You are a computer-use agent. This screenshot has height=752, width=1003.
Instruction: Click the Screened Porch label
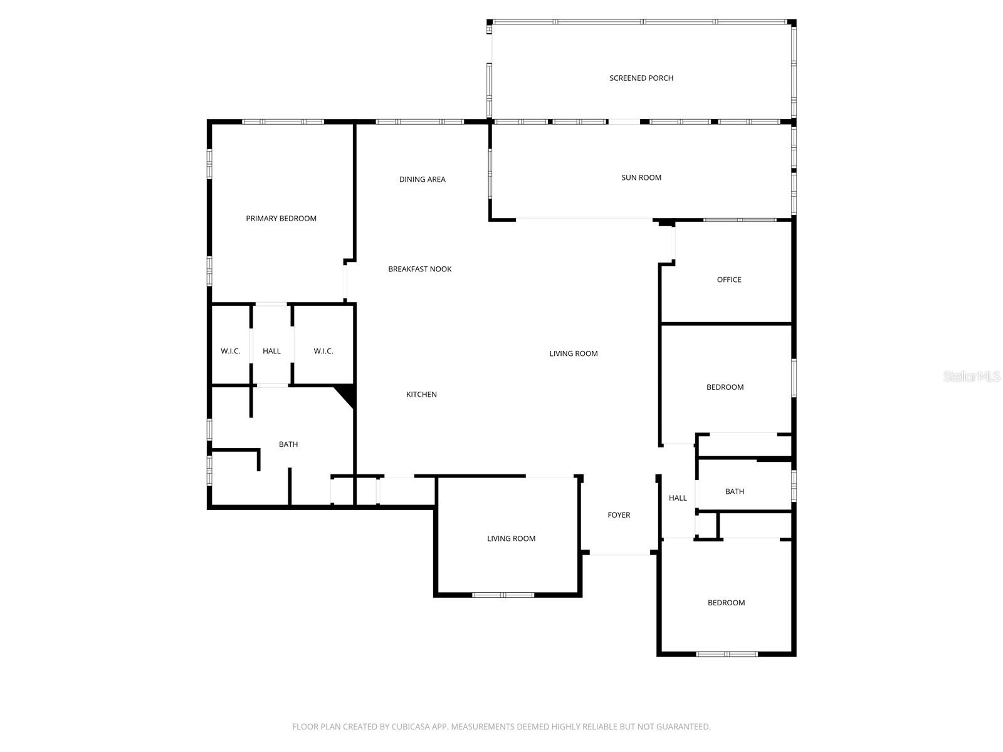(641, 78)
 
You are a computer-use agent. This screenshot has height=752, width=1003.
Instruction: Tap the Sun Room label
(641, 178)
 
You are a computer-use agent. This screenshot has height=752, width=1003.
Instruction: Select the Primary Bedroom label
(281, 219)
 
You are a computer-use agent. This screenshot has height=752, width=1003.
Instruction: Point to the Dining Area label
(422, 179)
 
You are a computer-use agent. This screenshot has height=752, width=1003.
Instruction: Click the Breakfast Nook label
(419, 269)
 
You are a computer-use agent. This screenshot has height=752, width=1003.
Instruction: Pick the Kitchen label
(421, 395)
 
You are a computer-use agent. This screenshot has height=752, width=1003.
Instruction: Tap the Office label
(729, 280)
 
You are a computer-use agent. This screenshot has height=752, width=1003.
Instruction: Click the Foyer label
(619, 515)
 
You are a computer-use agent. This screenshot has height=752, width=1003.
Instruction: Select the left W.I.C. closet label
(230, 352)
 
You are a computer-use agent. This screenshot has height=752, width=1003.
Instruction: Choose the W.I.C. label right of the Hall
(323, 352)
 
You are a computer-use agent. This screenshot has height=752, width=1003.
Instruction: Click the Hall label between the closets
(271, 352)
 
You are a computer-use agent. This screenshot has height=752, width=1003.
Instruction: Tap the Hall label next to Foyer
(678, 498)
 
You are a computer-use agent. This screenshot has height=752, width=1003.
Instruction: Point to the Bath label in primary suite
(288, 445)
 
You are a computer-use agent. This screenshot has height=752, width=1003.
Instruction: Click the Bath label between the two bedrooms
(735, 492)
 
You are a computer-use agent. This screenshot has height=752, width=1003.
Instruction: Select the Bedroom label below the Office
(725, 387)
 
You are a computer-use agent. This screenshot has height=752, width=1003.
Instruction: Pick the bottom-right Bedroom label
(726, 603)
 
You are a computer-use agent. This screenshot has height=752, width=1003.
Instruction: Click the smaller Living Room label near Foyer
(511, 539)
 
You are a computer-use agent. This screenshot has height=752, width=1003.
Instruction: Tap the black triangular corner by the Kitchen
(348, 395)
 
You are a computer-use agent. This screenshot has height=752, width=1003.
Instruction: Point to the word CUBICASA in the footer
(410, 727)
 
